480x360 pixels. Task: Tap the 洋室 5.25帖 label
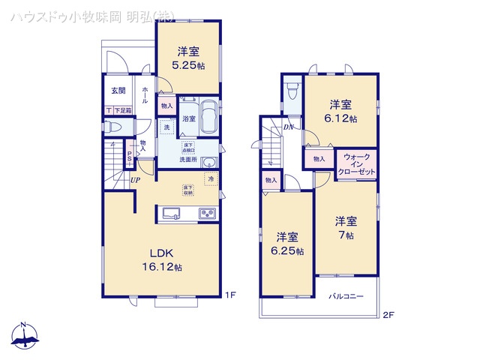coord(188,58)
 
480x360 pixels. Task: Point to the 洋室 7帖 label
coord(345,227)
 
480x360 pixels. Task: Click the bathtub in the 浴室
coord(207,117)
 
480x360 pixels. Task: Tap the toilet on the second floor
coord(292,93)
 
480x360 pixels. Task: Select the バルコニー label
coord(346,297)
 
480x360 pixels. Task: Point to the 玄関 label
coord(118,91)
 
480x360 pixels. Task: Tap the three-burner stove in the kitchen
coord(208,214)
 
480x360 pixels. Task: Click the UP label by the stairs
coord(135,180)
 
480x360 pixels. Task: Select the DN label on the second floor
coord(289,127)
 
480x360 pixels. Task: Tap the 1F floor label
coord(231,295)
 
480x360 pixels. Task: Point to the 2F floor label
coord(388,316)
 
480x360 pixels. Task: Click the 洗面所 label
coord(187,160)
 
